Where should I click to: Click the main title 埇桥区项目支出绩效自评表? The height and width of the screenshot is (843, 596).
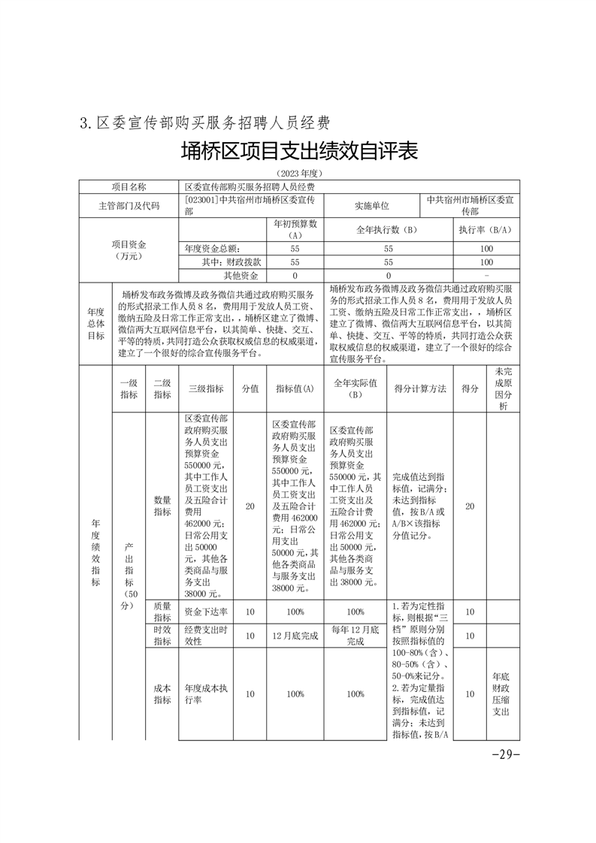coord(298,152)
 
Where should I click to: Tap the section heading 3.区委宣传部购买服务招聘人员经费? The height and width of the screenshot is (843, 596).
coord(205,122)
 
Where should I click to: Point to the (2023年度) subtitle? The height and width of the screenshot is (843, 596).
coord(298,174)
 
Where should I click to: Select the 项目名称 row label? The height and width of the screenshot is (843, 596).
coord(129,186)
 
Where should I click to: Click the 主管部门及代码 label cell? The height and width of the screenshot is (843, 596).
coord(129,205)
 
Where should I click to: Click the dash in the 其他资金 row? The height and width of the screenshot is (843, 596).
coord(486,276)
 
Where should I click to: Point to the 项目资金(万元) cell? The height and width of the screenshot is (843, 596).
coord(129,249)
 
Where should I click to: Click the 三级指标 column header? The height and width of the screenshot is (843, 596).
coord(205,388)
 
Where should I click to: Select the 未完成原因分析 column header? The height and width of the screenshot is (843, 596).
coord(502,388)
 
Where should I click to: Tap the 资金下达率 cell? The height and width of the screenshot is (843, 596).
coord(205,612)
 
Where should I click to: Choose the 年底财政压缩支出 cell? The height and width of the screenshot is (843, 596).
coord(502,693)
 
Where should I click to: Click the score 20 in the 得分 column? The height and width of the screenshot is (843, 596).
coord(470,506)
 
